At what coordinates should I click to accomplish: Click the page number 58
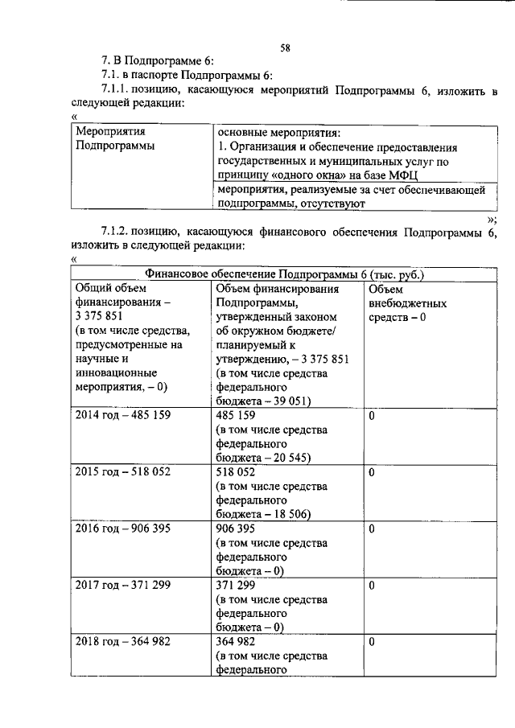[x=285, y=47]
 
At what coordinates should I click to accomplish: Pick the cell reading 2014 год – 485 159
[x=122, y=416]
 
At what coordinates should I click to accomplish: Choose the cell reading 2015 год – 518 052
[x=122, y=472]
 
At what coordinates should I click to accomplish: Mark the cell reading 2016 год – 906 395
[x=122, y=529]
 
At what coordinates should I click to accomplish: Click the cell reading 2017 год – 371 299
[x=122, y=586]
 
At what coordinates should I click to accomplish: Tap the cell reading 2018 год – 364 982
[x=122, y=642]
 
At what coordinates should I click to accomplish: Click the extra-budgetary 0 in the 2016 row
[x=372, y=529]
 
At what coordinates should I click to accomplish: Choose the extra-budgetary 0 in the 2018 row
[x=372, y=642]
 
